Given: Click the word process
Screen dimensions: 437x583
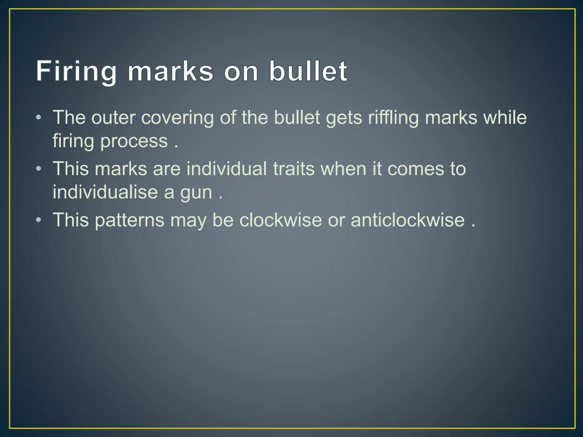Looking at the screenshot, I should point(134,142).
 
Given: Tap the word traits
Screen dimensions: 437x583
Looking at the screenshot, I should point(294,169).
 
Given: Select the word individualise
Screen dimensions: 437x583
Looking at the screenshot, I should point(105,192).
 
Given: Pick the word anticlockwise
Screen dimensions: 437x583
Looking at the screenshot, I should point(408,220).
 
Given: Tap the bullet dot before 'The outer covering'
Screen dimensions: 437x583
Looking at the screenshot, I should point(39,118).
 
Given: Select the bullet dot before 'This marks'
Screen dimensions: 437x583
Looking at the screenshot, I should point(39,169).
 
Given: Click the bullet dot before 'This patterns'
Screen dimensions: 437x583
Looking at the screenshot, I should point(39,220).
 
